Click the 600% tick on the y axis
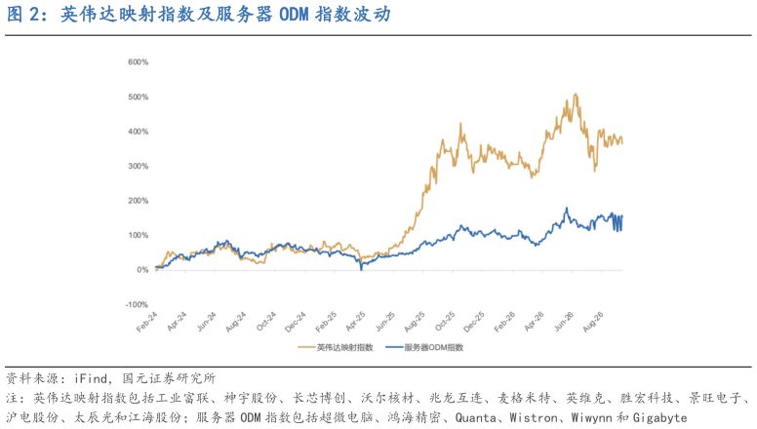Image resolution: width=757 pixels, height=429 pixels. (139, 62)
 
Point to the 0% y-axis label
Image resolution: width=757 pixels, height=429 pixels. (142, 270)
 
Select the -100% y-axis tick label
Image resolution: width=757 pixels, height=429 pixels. (138, 304)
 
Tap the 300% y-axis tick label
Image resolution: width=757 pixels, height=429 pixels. (139, 166)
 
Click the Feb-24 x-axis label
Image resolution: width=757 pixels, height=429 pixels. (147, 322)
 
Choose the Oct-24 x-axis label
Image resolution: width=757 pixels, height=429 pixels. (266, 322)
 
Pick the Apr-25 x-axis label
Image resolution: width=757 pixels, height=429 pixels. (356, 322)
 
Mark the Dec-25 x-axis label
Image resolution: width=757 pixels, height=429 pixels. (474, 322)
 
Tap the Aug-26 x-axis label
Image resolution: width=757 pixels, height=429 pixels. (593, 322)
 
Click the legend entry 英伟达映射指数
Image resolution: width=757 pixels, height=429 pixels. (336, 347)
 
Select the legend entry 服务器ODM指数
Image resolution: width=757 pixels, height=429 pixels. (425, 347)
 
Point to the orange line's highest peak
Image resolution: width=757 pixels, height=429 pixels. (575, 95)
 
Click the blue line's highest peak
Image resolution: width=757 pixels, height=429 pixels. (567, 208)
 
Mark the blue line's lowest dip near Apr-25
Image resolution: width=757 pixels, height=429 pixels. (362, 269)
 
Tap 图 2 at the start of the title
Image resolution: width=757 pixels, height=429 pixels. (22, 15)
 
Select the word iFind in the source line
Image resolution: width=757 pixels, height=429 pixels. (91, 378)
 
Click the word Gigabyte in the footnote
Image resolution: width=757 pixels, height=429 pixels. (660, 417)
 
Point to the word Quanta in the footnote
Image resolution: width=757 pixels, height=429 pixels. (475, 417)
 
